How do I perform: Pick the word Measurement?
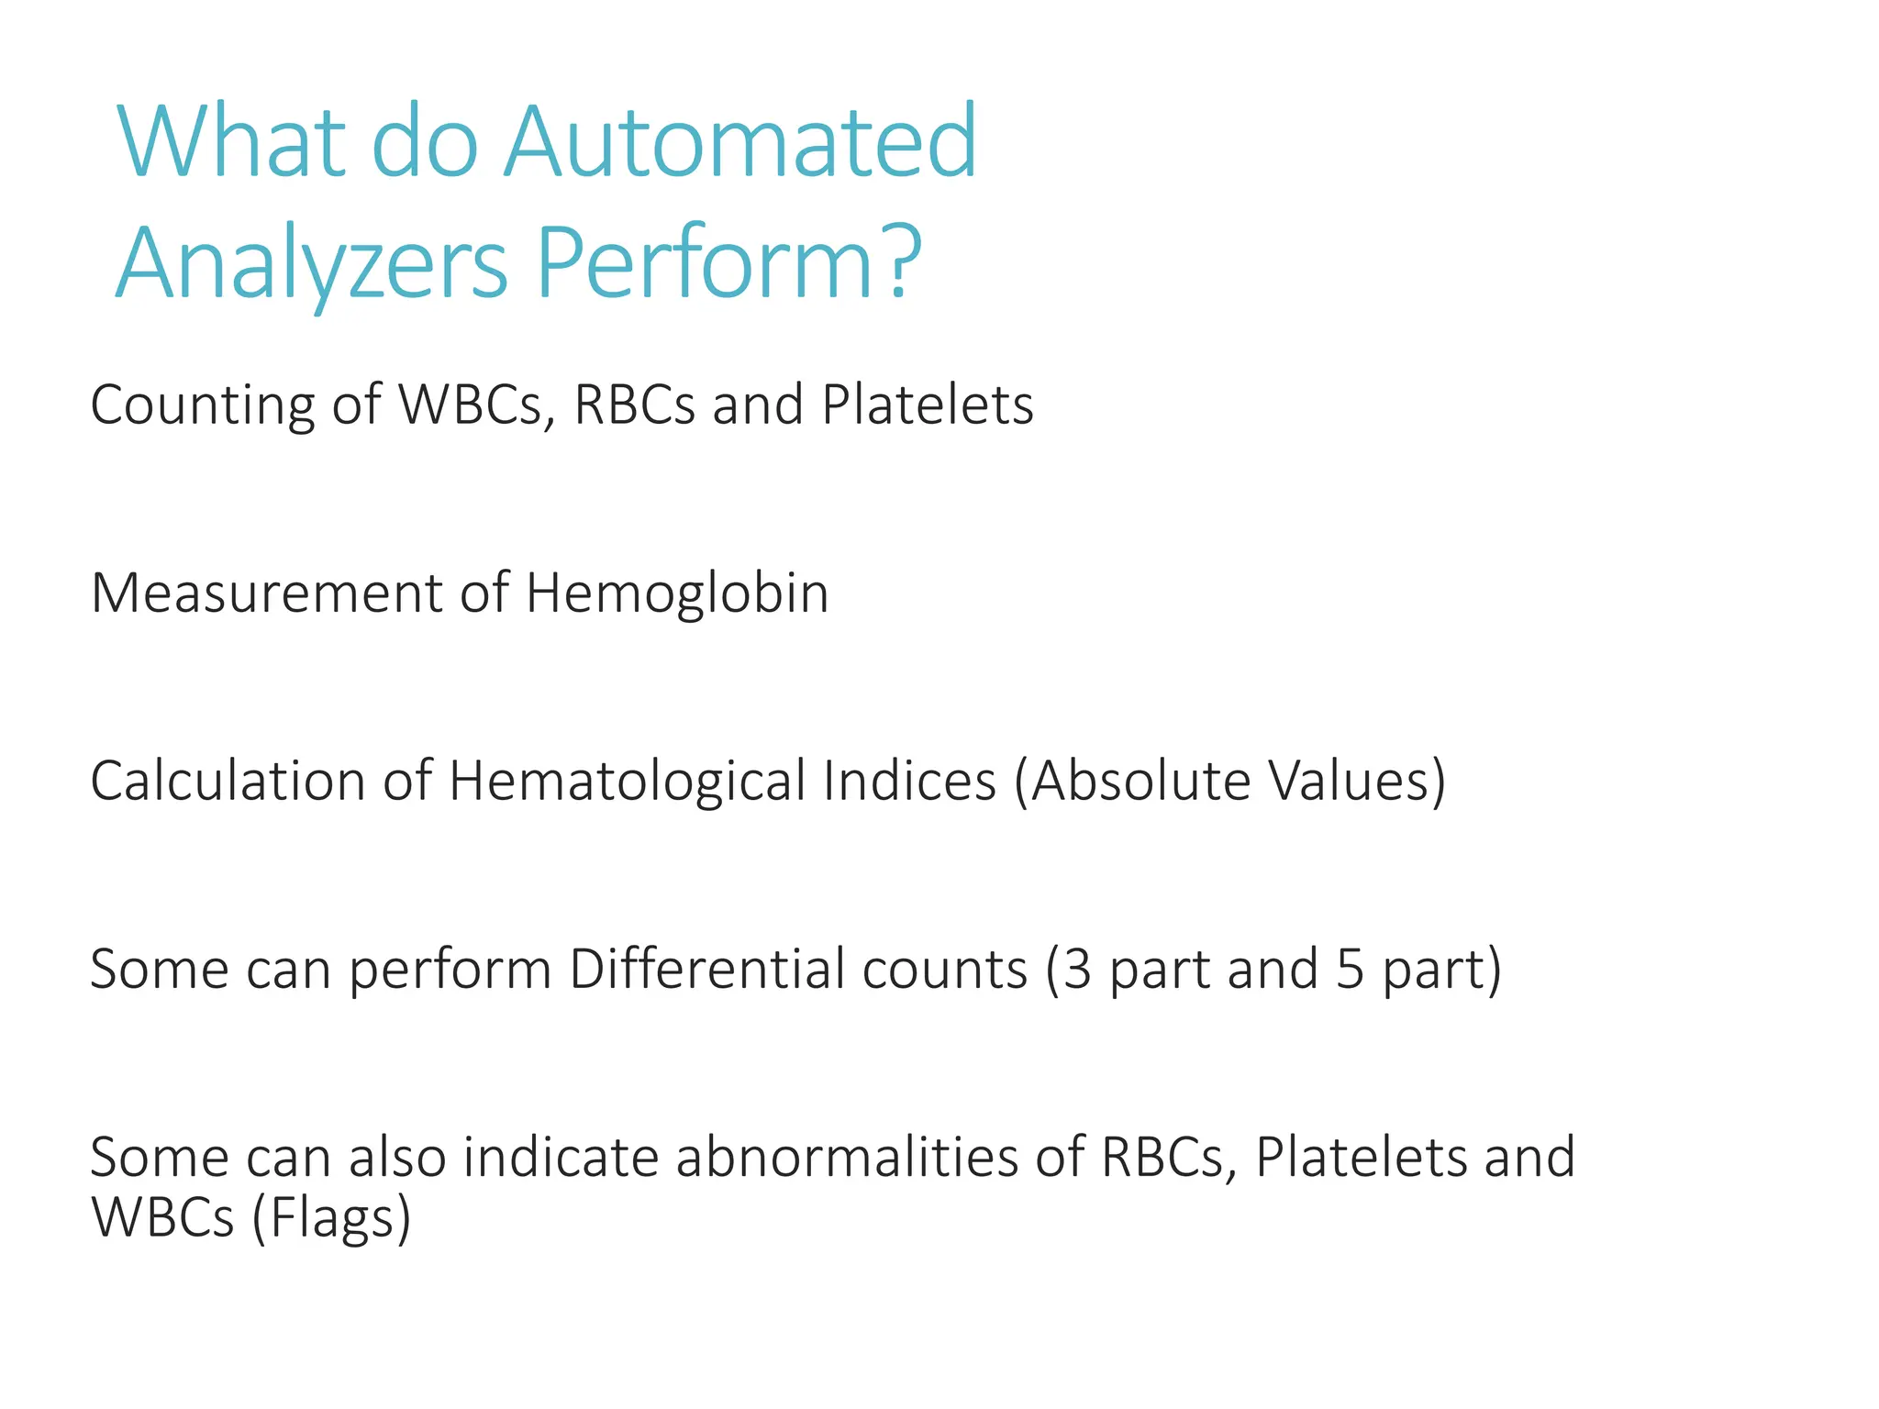pos(266,594)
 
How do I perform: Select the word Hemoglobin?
pos(677,594)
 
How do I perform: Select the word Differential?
pos(798,970)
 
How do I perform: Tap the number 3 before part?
pos(1077,970)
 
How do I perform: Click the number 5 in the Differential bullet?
pos(1350,970)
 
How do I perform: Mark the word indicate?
pos(561,1158)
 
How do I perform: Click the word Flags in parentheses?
pos(331,1218)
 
